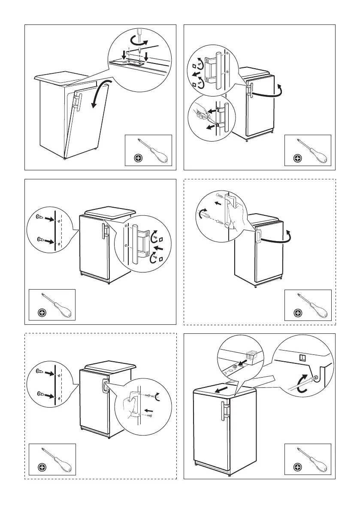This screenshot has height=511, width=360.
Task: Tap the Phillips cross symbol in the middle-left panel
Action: [x=42, y=313]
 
